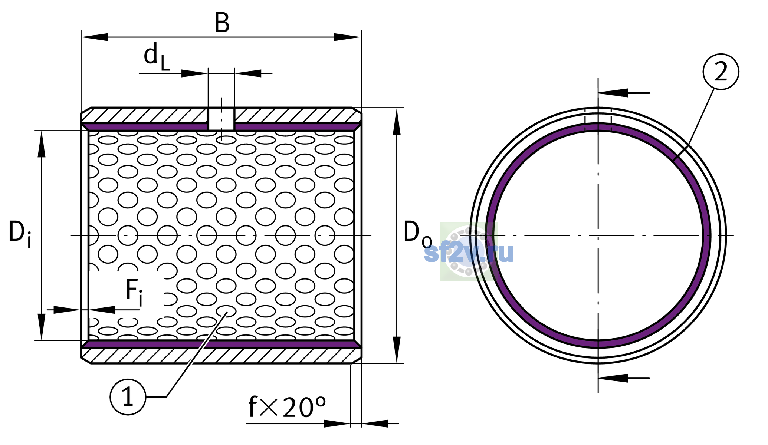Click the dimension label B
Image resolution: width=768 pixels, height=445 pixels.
click(222, 23)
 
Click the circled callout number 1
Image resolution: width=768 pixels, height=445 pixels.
click(128, 397)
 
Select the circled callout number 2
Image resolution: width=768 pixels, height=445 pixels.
click(721, 72)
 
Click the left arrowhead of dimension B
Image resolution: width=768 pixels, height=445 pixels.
click(95, 37)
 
